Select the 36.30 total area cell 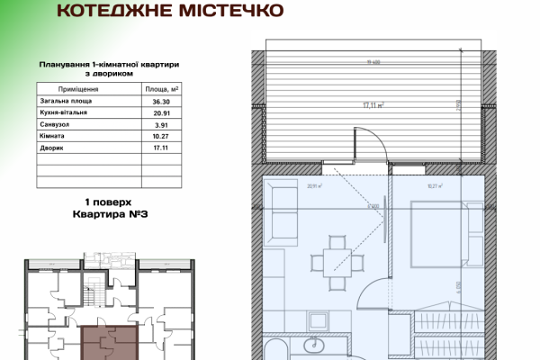161,103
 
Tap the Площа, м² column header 162,90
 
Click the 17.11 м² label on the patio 373,105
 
